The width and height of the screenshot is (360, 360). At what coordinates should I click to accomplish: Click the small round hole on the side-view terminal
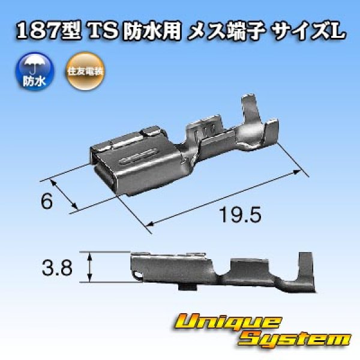click(140, 275)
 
